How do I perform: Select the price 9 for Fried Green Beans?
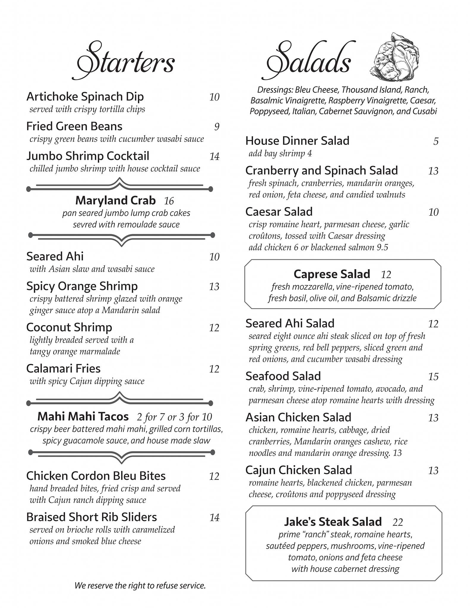[217, 127]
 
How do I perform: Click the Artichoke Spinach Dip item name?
[85, 96]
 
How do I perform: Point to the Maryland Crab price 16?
[169, 201]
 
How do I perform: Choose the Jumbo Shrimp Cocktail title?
[88, 156]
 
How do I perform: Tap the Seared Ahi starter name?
[55, 256]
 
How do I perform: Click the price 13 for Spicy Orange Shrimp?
[214, 286]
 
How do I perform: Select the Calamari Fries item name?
[63, 368]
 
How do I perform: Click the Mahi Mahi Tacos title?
[83, 416]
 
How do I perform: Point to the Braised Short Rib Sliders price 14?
[214, 517]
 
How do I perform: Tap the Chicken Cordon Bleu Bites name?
[96, 476]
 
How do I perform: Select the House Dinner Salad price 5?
[436, 141]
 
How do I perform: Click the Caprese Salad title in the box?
[332, 274]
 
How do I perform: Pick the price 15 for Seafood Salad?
[433, 376]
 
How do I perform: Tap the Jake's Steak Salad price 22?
[398, 522]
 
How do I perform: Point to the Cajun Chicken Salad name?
[299, 470]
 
